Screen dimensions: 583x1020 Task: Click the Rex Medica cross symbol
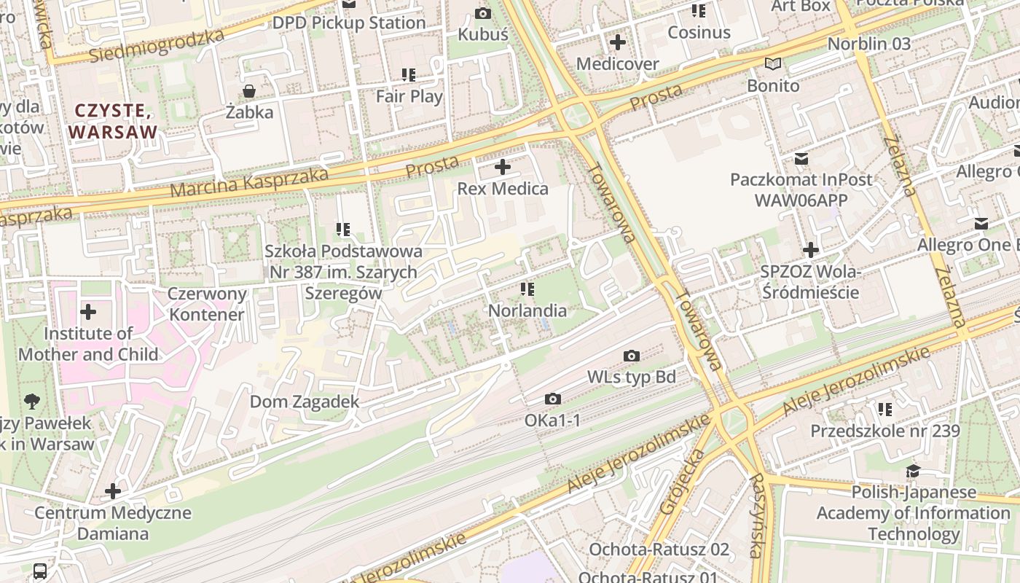tap(503, 168)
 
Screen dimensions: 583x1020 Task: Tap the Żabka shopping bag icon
tap(249, 91)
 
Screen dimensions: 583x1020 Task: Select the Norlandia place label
tap(527, 310)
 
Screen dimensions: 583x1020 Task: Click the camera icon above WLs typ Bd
tap(632, 356)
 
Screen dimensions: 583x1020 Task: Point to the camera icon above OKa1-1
tap(553, 399)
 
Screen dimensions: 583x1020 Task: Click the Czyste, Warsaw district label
tap(113, 121)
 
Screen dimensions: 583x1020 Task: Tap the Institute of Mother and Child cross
tap(88, 313)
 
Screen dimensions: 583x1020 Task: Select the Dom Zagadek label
tap(305, 402)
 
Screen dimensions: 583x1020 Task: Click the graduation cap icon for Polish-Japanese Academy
tap(913, 471)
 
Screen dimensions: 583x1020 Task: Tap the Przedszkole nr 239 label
tap(885, 431)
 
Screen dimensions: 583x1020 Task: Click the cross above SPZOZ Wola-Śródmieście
tap(810, 251)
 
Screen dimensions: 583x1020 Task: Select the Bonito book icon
tap(773, 64)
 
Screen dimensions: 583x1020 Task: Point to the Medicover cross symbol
tap(618, 42)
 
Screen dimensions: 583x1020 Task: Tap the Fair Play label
tap(409, 95)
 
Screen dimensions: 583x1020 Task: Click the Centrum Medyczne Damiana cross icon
tap(113, 491)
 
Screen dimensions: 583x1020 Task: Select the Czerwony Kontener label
tap(206, 304)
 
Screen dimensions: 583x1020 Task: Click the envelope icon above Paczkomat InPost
tap(801, 158)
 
